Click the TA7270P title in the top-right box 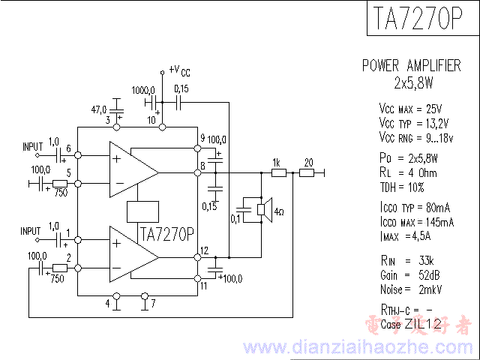click(415, 20)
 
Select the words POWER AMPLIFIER click(411, 65)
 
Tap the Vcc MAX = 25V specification click(410, 108)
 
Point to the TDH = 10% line click(402, 187)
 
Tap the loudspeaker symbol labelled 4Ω click(262, 210)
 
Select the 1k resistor click(278, 172)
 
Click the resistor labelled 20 click(307, 172)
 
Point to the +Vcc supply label click(179, 70)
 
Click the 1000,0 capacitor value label click(143, 89)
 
